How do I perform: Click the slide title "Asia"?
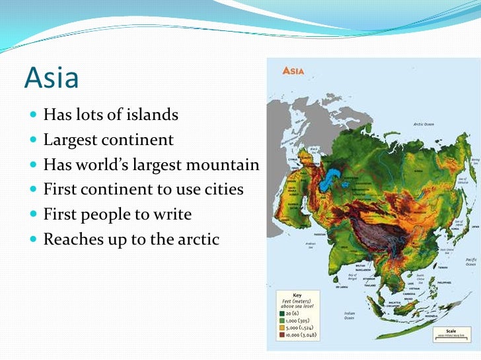pos(52,78)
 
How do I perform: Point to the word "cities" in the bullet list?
pos(222,190)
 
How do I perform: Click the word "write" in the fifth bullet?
pos(170,214)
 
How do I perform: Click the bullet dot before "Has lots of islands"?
pos(34,115)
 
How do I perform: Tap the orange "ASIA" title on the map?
pos(293,71)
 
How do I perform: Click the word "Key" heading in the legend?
pos(297,294)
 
